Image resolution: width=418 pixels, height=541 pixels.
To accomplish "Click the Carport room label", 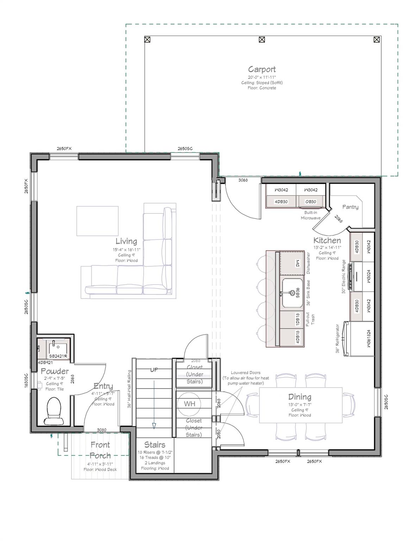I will coord(262,69).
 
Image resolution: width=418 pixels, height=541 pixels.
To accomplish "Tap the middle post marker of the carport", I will coord(262,39).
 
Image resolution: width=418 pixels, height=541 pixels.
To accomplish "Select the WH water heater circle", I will coord(189,404).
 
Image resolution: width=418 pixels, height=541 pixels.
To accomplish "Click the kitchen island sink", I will coord(292,293).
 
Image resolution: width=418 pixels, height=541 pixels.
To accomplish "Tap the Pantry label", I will coord(350,207).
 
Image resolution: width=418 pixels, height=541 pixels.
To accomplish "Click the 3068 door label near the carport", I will coord(243,180).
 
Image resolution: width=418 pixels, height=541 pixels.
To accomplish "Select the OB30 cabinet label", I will coord(311,202).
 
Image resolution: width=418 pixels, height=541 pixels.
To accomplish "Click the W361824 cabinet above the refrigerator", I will coord(368,338).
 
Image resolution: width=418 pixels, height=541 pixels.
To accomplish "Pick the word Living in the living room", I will coord(126,241).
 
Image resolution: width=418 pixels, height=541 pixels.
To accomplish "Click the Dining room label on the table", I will coord(300,397).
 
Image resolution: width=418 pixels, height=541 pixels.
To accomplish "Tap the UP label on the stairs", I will coord(154,370).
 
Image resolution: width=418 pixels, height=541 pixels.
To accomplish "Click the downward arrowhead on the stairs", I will coord(154,425).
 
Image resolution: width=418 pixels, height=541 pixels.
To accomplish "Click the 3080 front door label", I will coord(101,430).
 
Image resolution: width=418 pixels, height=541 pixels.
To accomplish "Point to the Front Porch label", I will coord(100,450).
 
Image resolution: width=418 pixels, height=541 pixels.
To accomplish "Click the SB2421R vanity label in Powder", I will coord(58,356).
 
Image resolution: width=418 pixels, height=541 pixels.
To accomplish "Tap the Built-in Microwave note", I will coord(311,215).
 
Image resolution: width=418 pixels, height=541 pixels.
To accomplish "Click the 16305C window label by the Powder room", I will coord(26,380).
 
